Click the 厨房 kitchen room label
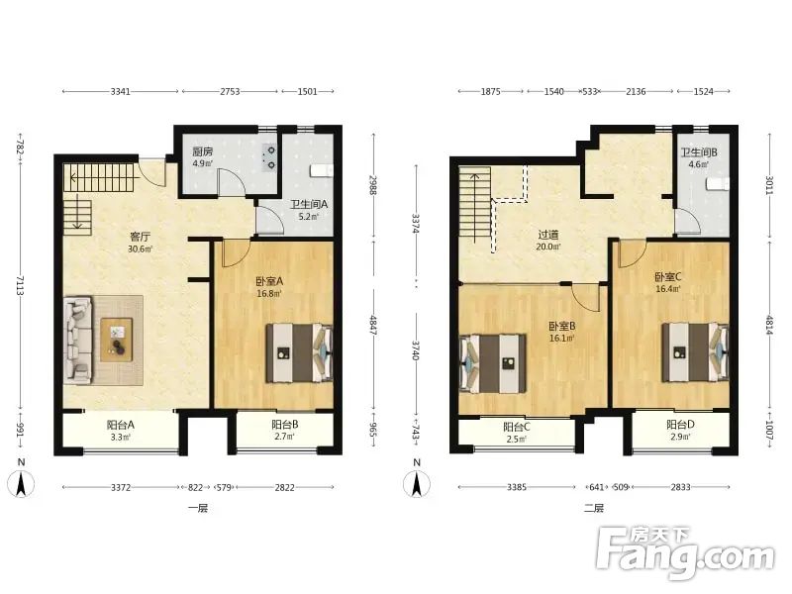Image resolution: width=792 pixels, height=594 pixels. click(x=202, y=151)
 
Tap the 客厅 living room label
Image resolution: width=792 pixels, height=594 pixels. click(x=140, y=237)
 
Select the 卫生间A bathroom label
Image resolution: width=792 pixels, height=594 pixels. click(x=309, y=205)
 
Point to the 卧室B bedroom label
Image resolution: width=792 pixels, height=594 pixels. click(x=561, y=327)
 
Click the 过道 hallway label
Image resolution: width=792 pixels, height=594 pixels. click(x=548, y=235)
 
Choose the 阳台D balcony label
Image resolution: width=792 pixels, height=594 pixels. click(x=680, y=425)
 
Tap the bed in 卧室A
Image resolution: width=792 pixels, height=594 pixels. click(x=300, y=352)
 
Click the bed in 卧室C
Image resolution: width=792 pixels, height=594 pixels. click(x=696, y=352)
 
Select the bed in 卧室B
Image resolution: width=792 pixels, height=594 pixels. click(x=492, y=363)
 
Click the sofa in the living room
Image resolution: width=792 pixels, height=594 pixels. click(x=78, y=340)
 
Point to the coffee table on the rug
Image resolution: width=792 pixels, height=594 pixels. click(x=117, y=340)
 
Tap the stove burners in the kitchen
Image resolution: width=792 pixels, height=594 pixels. click(x=270, y=157)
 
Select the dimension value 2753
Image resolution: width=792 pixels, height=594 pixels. click(x=230, y=91)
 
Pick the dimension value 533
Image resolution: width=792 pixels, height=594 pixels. click(x=589, y=91)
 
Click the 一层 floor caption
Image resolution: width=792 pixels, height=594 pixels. click(x=197, y=508)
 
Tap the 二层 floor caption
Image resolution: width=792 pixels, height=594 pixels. click(x=593, y=508)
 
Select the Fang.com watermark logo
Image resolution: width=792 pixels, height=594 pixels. click(x=685, y=552)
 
